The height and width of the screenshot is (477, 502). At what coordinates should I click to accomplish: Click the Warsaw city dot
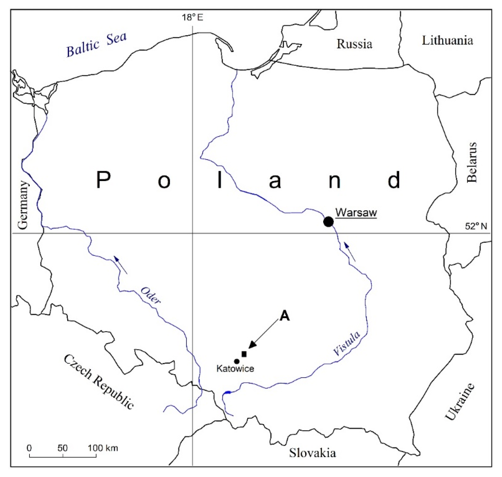click(328, 222)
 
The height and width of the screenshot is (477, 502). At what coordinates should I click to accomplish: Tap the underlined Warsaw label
click(356, 213)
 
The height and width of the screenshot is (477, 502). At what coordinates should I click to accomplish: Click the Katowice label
click(235, 369)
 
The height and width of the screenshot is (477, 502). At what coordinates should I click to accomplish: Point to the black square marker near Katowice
click(244, 354)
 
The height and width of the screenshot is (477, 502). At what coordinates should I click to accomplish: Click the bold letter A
click(284, 316)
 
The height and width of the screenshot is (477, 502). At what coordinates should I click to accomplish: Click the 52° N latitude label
click(476, 226)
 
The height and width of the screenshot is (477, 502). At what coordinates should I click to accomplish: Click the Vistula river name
click(347, 343)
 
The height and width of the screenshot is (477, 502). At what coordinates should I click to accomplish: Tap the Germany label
click(23, 205)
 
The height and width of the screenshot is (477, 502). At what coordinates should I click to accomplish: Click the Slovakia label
click(312, 453)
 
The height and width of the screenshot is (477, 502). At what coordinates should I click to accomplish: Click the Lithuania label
click(447, 40)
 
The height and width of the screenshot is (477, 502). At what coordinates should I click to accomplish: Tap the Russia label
click(354, 44)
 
